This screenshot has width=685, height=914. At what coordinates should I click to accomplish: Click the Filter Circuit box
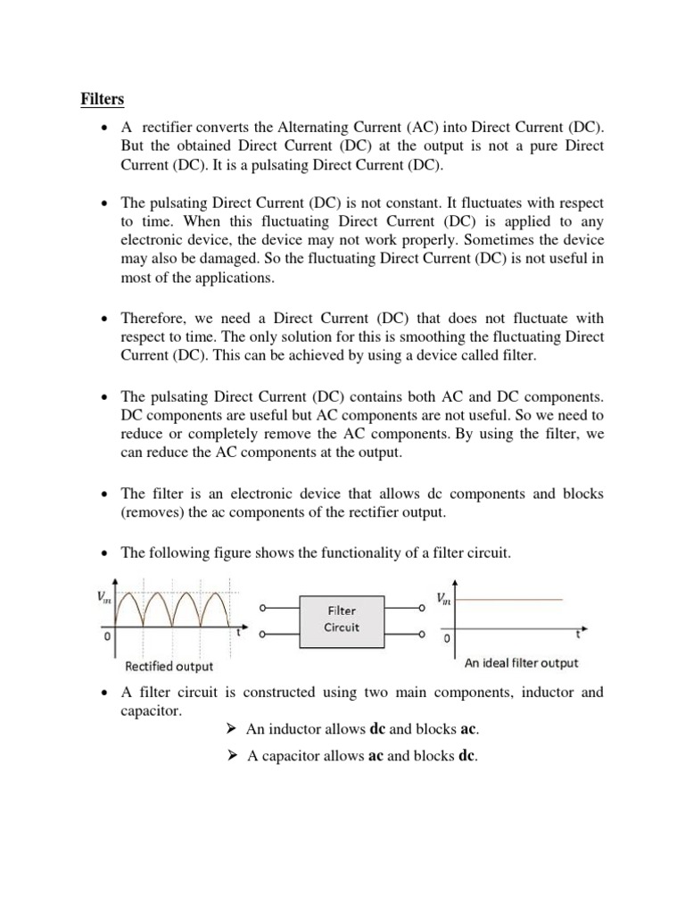342,619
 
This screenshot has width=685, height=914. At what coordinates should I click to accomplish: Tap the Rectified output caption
169,666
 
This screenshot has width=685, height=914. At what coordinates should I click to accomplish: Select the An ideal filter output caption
521,663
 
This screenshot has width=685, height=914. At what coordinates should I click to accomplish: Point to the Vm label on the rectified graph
104,600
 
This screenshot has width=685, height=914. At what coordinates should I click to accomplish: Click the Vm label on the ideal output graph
443,599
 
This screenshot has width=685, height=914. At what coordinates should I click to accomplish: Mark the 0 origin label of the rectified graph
106,638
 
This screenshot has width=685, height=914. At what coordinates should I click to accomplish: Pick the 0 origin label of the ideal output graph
447,640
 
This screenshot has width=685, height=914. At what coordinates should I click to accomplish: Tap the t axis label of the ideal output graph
577,636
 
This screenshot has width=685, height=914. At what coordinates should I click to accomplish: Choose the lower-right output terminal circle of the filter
419,636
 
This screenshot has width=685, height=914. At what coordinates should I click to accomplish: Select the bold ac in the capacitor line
376,757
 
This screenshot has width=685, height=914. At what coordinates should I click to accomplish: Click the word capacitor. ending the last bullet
151,710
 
